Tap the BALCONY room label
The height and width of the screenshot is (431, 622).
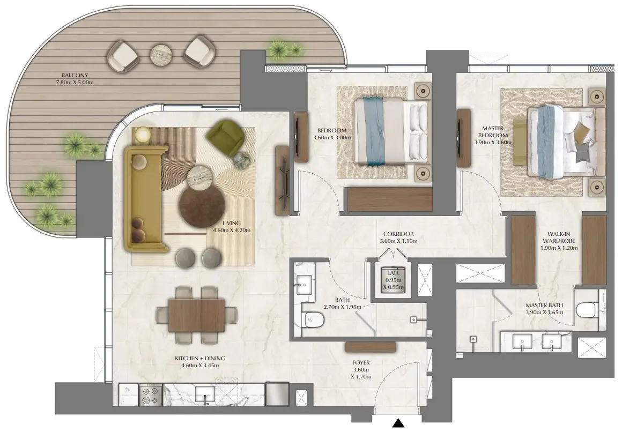(75, 75)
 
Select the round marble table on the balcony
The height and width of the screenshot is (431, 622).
(161, 54)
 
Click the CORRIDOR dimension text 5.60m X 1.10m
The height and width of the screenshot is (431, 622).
(398, 241)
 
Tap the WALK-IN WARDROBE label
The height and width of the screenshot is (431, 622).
(559, 237)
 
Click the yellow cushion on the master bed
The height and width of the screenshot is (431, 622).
(581, 130)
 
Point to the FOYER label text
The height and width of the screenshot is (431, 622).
(361, 362)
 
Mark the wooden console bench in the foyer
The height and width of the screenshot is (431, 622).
(371, 347)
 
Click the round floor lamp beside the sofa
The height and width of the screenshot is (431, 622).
(143, 134)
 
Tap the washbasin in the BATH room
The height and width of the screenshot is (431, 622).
(304, 283)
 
